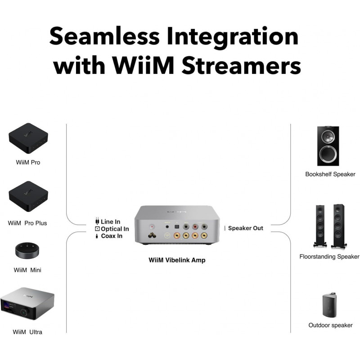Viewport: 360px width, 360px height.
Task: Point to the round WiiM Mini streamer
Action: point(28,250)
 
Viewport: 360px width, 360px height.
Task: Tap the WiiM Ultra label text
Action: point(28,332)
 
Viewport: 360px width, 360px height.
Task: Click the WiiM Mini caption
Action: point(28,270)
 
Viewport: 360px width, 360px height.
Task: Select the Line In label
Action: point(111,221)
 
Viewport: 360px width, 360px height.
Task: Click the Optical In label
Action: point(115,229)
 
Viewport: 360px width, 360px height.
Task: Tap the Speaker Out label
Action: point(245,228)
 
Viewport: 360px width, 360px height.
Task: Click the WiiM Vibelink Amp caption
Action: point(177,260)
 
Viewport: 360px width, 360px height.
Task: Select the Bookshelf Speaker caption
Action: point(330,174)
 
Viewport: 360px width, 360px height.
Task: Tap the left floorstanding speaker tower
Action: point(320,226)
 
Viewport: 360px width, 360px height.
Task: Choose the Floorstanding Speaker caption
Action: point(329,256)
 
